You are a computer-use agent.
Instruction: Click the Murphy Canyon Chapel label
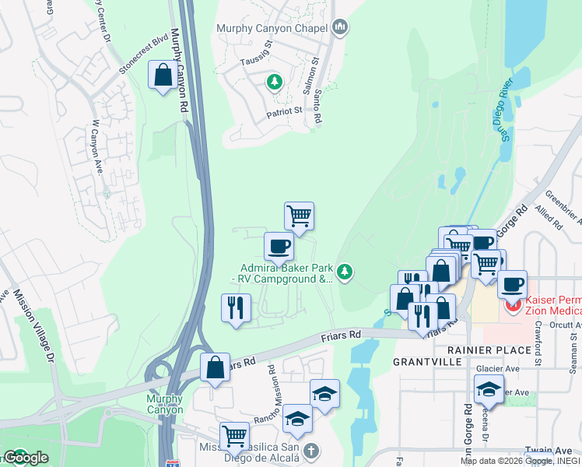pyautogui.click(x=272, y=29)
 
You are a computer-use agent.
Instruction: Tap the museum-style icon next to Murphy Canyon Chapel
pyautogui.click(x=338, y=28)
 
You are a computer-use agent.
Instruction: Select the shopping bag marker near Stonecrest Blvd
pyautogui.click(x=163, y=76)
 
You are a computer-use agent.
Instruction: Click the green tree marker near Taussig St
pyautogui.click(x=274, y=82)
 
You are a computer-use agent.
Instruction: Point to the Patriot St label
pyautogui.click(x=284, y=111)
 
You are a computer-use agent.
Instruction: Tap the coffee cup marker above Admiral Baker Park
pyautogui.click(x=279, y=247)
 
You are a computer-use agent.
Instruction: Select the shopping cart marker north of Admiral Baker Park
pyautogui.click(x=299, y=215)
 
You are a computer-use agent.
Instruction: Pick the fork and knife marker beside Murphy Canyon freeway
pyautogui.click(x=237, y=307)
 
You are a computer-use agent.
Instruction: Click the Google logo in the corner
pyautogui.click(x=25, y=458)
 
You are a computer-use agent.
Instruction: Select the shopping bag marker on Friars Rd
pyautogui.click(x=215, y=367)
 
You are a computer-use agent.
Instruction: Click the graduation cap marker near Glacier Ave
pyautogui.click(x=488, y=388)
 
